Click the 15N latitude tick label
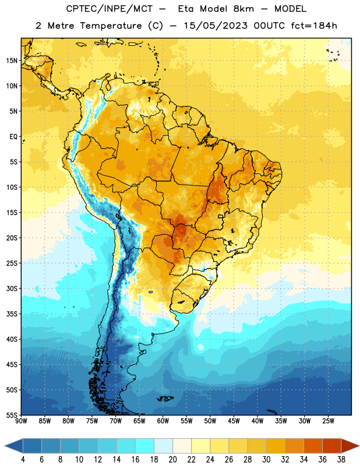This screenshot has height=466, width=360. (12, 61)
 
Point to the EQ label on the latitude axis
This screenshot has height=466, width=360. (13, 137)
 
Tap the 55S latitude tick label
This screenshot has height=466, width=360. (12, 415)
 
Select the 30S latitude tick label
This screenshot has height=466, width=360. (12, 288)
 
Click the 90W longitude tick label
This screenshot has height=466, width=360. (21, 421)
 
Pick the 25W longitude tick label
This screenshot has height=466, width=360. (328, 421)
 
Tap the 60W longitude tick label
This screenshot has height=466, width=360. (163, 421)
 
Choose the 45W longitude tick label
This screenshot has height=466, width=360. (234, 421)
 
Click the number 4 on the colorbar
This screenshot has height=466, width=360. (23, 460)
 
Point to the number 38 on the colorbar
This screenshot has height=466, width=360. (341, 460)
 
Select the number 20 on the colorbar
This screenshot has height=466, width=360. (172, 460)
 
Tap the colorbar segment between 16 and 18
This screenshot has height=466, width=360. (145, 446)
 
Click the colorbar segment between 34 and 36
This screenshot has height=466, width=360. (313, 446)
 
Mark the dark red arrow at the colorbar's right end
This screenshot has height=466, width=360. (349, 446)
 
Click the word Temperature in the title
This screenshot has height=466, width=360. (111, 26)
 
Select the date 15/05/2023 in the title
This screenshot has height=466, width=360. (215, 26)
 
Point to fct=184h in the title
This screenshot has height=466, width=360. (314, 26)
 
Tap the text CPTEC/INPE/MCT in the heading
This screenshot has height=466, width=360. (109, 9)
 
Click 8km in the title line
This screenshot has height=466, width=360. (243, 9)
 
